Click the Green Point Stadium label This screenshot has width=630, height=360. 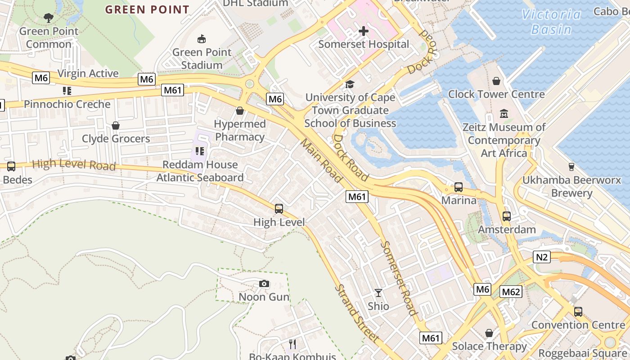(x=202, y=58)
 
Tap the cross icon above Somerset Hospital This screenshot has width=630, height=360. (x=364, y=31)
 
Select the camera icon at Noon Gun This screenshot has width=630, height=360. (x=264, y=283)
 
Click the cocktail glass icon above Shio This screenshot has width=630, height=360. (x=378, y=293)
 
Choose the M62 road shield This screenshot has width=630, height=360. (x=511, y=292)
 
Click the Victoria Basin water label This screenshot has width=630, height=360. (x=551, y=22)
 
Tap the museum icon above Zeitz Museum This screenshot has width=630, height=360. (x=504, y=113)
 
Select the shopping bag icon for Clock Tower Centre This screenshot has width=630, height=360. (x=496, y=81)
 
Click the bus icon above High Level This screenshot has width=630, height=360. (x=279, y=208)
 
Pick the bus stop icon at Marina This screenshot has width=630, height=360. (x=459, y=187)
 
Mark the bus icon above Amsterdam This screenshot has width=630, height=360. (x=507, y=216)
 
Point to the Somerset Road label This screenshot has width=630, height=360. (x=398, y=278)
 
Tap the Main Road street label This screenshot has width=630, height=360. (x=321, y=160)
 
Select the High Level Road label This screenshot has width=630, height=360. (x=74, y=165)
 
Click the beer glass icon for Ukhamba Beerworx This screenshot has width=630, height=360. (x=571, y=167)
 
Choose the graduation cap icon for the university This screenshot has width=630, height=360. (x=350, y=84)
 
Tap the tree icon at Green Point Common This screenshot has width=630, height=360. (x=49, y=18)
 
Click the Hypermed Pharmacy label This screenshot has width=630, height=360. (x=239, y=130)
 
